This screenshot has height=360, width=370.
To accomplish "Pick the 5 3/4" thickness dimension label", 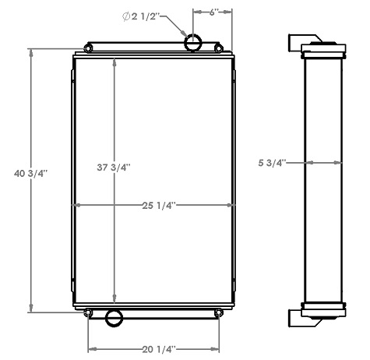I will (x=273, y=163).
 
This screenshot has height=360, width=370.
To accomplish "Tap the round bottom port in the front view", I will (x=115, y=317).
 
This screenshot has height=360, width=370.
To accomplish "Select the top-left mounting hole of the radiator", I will (x=88, y=51).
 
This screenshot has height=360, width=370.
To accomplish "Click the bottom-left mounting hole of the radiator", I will (x=88, y=314).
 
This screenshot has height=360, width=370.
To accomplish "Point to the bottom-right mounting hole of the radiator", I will (x=219, y=314).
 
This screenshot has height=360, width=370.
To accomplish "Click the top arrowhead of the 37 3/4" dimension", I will (x=115, y=62).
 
